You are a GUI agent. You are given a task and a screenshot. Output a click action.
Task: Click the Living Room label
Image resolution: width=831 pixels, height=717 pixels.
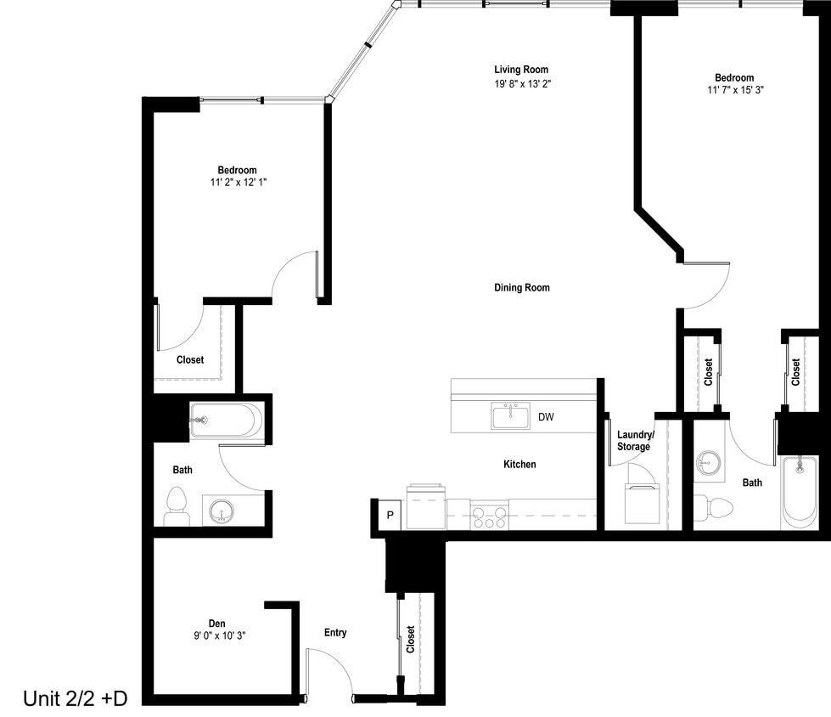[x=521, y=70]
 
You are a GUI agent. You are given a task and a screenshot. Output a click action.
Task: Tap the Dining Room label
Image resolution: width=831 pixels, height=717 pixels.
[x=521, y=288]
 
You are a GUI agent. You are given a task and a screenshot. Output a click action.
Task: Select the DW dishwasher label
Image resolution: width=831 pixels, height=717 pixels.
[x=546, y=417]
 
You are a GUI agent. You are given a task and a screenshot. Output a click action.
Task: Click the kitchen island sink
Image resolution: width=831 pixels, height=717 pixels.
[x=510, y=416]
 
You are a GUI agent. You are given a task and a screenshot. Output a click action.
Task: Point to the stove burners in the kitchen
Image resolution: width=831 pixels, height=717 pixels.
[x=489, y=517]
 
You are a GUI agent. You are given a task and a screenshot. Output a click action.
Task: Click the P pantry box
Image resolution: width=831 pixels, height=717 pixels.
[x=390, y=515]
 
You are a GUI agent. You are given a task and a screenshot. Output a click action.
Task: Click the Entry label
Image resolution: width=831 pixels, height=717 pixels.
[x=335, y=633]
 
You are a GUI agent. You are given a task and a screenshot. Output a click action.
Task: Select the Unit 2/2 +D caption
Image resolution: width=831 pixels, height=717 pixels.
[x=75, y=698]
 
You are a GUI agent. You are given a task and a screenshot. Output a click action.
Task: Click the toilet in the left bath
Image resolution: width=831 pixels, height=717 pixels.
[x=177, y=507]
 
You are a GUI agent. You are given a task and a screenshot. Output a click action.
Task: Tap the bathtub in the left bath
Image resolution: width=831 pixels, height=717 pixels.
[x=227, y=420]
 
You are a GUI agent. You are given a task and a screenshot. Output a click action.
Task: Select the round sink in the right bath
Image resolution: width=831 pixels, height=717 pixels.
[x=709, y=464]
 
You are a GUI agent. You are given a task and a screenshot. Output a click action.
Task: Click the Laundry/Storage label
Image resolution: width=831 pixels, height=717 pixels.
[x=633, y=440]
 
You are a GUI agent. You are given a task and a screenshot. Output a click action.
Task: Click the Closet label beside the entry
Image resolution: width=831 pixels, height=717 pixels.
[x=411, y=639]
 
